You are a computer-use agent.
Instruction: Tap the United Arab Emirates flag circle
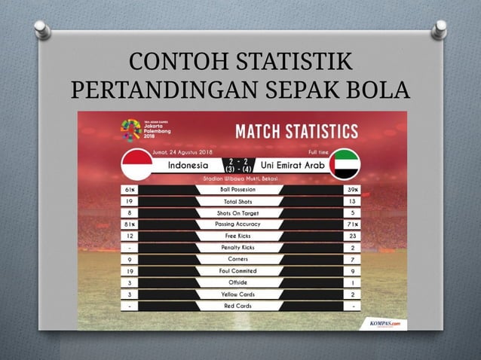(345, 163)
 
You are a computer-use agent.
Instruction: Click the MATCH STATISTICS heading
(296, 132)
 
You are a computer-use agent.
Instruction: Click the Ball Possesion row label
(239, 190)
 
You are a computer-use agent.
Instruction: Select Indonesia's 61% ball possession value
(131, 190)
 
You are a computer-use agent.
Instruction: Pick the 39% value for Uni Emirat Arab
(352, 190)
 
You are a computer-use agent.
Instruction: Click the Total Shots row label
(239, 201)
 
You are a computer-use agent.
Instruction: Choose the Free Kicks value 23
(352, 236)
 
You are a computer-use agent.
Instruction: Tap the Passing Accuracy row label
(239, 224)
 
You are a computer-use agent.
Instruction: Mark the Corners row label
(239, 259)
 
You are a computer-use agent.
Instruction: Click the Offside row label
(239, 282)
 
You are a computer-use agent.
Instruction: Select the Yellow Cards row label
(239, 294)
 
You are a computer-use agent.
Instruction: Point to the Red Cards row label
(239, 306)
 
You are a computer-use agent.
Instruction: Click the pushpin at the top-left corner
(43, 30)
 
